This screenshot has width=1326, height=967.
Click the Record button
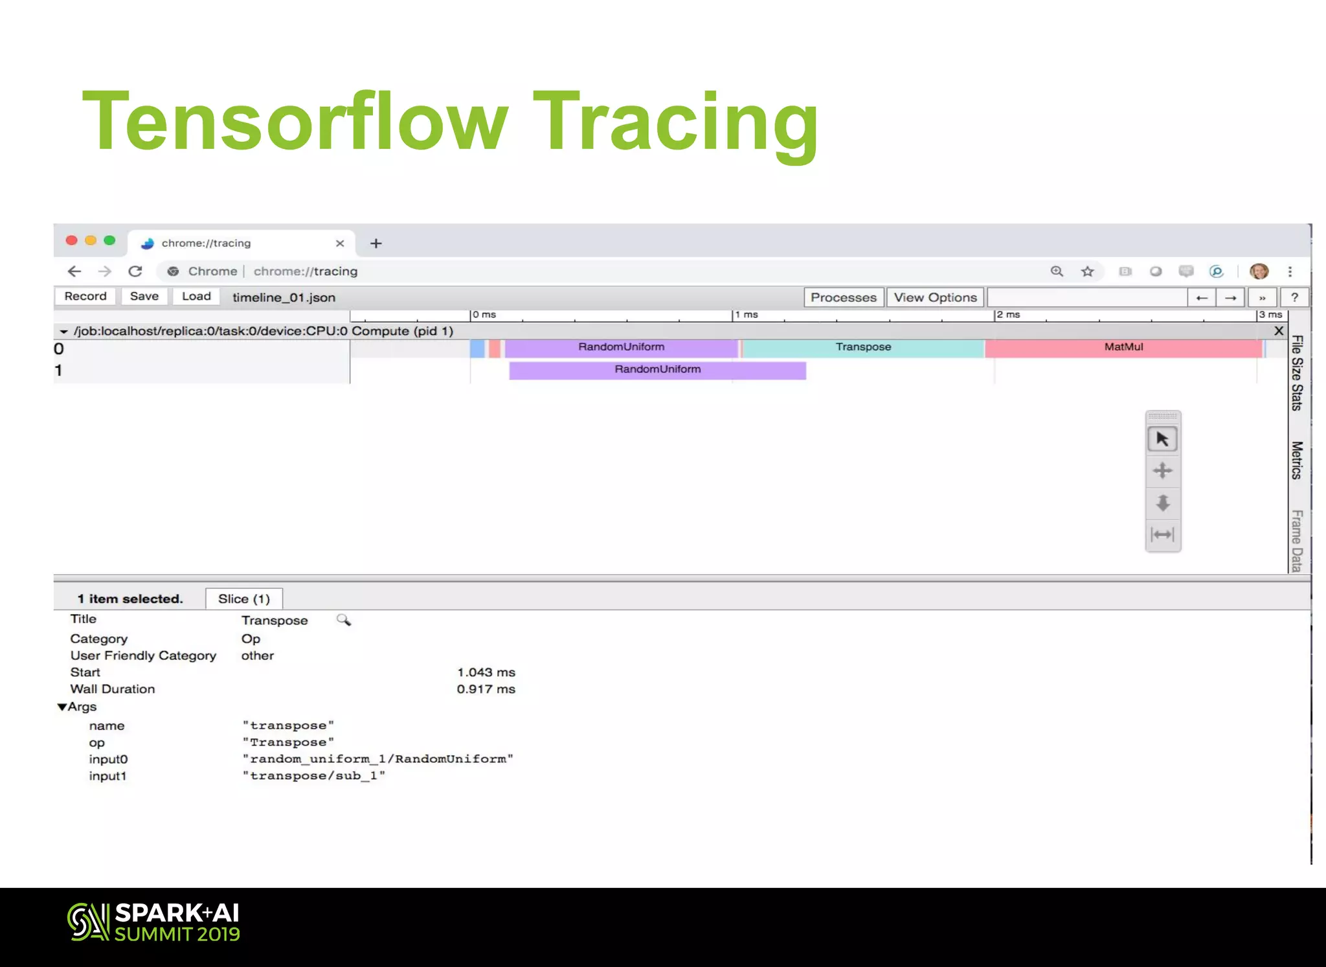[85, 297]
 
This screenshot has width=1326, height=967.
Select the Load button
[196, 297]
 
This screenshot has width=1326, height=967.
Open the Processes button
[843, 297]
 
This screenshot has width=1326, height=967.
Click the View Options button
[935, 297]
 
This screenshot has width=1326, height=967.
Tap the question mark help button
[1294, 297]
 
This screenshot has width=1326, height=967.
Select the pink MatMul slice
[1123, 348]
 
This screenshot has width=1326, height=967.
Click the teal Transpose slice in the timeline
[863, 348]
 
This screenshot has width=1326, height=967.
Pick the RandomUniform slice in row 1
[657, 370]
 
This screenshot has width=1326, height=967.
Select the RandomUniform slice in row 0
[621, 348]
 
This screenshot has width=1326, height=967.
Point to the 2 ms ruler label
[1009, 315]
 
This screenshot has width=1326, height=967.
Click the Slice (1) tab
[244, 599]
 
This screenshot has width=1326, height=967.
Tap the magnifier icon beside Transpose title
[344, 620]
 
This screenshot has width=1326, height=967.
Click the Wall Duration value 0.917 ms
[486, 689]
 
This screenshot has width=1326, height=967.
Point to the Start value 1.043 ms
[486, 672]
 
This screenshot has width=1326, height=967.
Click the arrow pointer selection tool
[1162, 440]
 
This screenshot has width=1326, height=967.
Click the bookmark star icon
[1087, 271]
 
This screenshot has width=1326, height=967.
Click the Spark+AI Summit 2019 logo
[154, 922]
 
